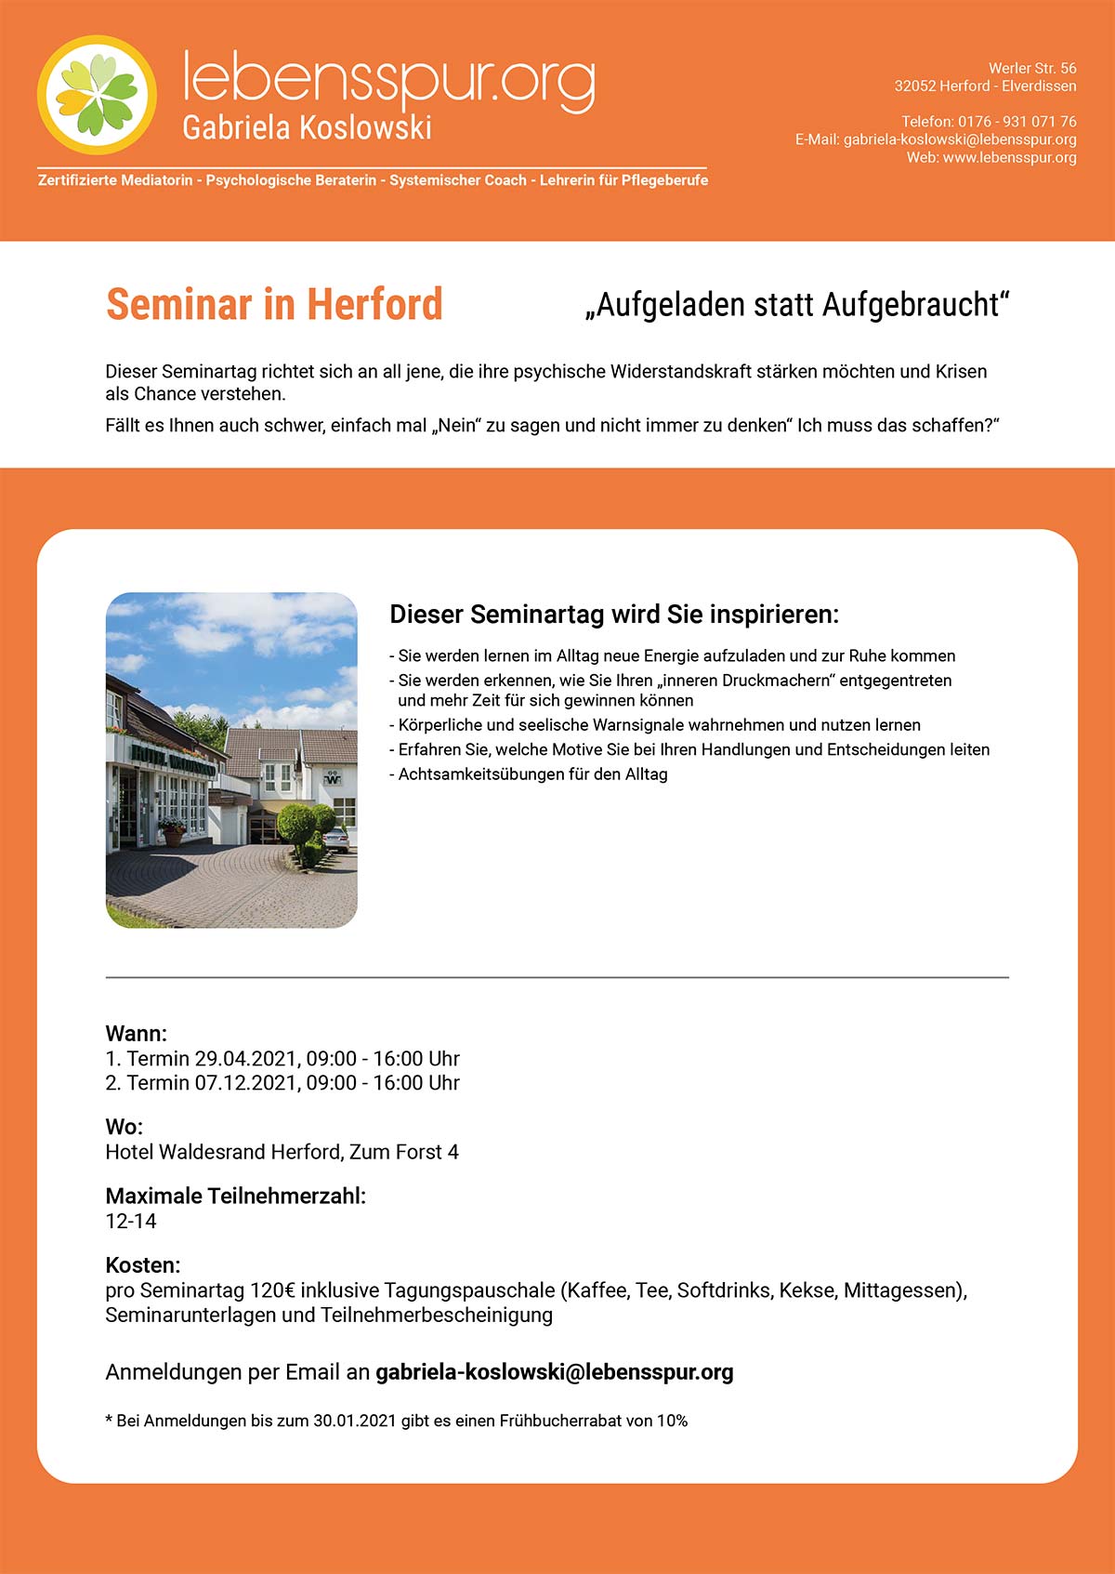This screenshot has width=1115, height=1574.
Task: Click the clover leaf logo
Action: click(97, 95)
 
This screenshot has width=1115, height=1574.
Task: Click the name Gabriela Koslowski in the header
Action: click(307, 127)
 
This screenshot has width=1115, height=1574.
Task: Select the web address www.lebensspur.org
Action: click(1009, 158)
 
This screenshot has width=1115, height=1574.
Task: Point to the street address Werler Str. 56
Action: click(1031, 69)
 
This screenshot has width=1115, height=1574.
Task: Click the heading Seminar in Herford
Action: click(274, 304)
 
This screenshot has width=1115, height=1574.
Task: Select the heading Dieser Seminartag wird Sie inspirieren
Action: click(613, 615)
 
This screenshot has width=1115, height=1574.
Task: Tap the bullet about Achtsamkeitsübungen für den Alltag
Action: click(532, 774)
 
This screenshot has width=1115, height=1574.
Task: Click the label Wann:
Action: click(136, 1034)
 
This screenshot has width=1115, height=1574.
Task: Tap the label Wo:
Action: click(124, 1127)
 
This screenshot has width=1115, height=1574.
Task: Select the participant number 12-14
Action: click(131, 1222)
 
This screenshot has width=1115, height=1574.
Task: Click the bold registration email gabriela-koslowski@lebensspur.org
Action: click(554, 1372)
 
